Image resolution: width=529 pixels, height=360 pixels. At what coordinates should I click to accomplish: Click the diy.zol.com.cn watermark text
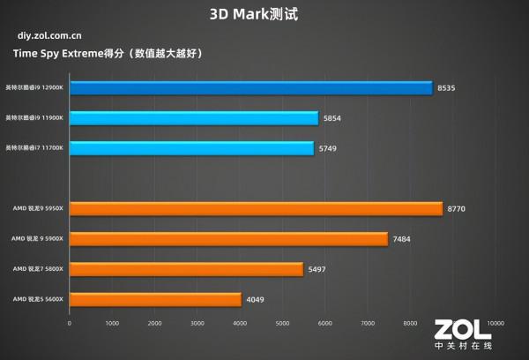50,36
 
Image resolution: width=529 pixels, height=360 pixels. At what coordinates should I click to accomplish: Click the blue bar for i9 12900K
250,88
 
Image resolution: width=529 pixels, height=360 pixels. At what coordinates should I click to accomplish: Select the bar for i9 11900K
193,118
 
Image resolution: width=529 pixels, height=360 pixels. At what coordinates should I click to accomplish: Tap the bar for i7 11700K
191,148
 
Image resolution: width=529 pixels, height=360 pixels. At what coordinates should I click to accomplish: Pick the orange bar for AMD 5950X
256,209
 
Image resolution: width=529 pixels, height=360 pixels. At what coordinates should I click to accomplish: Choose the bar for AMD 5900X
228,239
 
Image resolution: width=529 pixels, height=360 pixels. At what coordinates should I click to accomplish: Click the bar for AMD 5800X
186,269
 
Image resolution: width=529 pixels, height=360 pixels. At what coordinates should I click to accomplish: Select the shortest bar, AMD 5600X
155,300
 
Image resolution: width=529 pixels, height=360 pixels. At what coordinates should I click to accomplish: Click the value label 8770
458,209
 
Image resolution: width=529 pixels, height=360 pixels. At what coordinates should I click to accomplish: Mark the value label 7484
404,239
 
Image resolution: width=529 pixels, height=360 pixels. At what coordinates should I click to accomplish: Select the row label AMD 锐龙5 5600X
38,300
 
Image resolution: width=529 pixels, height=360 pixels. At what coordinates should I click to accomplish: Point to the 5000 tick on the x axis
282,323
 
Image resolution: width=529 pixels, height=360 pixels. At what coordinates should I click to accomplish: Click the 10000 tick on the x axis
495,323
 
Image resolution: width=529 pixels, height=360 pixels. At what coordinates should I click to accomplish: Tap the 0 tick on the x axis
70,323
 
